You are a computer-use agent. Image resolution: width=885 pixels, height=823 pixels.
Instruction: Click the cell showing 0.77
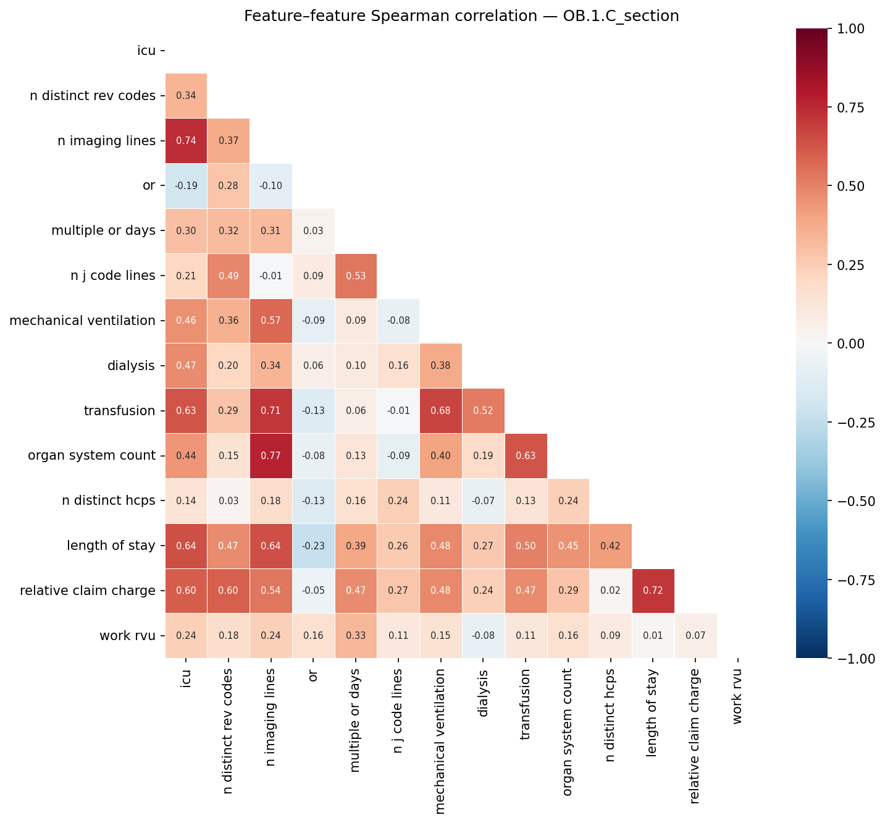point(271,456)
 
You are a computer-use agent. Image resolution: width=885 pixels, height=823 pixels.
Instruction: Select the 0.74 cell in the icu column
point(186,141)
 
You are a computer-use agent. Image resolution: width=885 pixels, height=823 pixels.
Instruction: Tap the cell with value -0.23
point(313,546)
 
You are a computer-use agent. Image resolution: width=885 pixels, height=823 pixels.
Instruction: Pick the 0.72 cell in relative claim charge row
point(653,591)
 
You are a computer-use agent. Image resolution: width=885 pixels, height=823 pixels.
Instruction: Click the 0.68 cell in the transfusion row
point(440,411)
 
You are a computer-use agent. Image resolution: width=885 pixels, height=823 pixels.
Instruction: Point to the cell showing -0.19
point(186,186)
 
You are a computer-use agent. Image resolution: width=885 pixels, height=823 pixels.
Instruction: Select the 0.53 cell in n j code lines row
point(355,276)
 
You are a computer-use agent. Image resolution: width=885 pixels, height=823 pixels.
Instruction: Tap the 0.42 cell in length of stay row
point(610,546)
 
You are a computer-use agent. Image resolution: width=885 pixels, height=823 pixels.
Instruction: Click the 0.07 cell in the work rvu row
point(695,636)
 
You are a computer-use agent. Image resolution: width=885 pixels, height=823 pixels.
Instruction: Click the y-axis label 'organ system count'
point(91,456)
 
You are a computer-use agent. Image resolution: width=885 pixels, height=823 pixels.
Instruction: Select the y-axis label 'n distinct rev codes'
point(93,96)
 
